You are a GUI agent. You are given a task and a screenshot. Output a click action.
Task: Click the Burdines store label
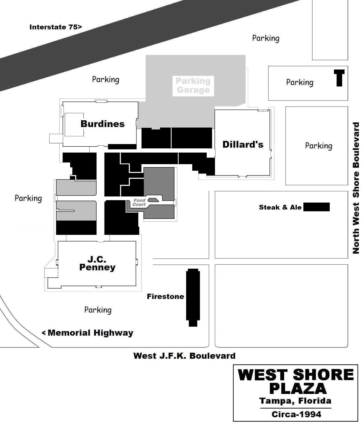click(x=102, y=124)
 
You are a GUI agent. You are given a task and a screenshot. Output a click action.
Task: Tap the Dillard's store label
click(x=243, y=145)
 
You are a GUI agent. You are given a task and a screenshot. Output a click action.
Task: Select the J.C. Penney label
click(x=97, y=263)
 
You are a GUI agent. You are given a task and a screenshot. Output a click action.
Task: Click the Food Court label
click(x=139, y=202)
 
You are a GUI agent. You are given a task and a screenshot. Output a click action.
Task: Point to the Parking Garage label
click(x=193, y=85)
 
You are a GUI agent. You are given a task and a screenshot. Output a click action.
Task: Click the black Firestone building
click(x=193, y=297)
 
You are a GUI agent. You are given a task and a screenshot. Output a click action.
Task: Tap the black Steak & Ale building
click(x=317, y=207)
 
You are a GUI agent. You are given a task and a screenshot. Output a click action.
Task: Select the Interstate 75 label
click(x=55, y=27)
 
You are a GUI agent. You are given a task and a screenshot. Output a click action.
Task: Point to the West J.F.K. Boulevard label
click(x=184, y=356)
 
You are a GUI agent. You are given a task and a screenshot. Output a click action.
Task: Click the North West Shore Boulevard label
click(x=356, y=188)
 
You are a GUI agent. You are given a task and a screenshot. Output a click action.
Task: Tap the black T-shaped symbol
click(x=339, y=78)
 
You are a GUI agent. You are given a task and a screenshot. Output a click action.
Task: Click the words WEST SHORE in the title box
click(x=295, y=375)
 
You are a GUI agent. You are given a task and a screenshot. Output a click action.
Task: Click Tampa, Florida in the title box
click(x=295, y=401)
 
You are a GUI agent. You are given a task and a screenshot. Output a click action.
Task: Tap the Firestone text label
click(x=165, y=296)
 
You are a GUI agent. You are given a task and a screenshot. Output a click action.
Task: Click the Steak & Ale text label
click(x=280, y=207)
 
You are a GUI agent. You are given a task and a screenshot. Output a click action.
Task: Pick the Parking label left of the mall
click(x=28, y=198)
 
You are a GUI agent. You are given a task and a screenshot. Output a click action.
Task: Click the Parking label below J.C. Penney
click(x=98, y=310)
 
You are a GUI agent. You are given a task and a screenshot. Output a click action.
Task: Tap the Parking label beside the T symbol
click(x=300, y=82)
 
